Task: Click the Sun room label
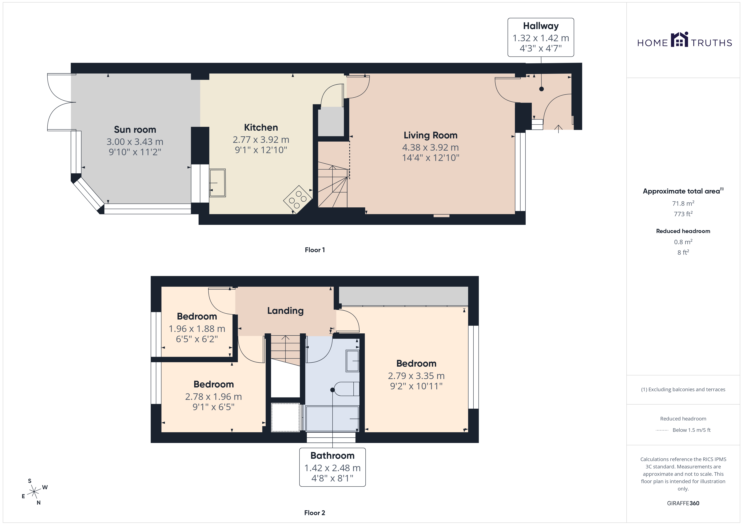pos(135,130)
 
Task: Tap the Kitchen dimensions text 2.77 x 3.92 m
pos(261,140)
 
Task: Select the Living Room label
pos(430,135)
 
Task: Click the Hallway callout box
pos(541,37)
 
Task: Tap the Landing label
pos(285,311)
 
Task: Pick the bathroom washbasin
pos(352,361)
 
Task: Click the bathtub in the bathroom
pos(332,419)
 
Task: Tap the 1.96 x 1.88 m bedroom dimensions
pos(197,329)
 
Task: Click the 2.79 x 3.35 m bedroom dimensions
pos(416,376)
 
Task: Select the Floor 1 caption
pos(315,250)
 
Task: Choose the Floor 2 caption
pos(315,513)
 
